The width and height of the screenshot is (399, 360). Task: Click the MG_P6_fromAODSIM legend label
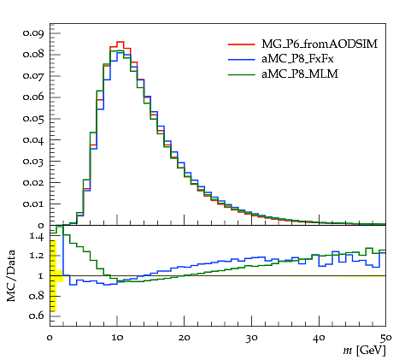point(320,44)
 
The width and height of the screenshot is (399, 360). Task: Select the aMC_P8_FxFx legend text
point(297,59)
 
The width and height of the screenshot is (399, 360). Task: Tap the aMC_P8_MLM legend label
point(300,74)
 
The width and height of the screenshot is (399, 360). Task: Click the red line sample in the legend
point(241,44)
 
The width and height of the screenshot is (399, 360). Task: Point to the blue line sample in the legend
point(241,59)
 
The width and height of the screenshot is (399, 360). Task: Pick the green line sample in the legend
point(241,74)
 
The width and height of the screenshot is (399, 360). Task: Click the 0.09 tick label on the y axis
point(33,33)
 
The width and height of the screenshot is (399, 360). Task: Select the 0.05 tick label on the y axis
point(33,119)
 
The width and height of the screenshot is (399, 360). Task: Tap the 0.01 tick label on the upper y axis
point(33,204)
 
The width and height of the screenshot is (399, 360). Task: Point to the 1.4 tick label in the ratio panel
point(37,237)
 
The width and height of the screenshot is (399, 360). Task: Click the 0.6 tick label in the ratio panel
point(36,316)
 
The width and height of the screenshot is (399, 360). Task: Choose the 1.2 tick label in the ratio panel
point(37,255)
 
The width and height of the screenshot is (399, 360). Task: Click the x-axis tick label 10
point(117,338)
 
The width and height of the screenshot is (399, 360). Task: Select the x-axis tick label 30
point(251,338)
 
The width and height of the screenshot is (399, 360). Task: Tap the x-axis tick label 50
point(386,338)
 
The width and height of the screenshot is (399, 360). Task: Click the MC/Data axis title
point(11,276)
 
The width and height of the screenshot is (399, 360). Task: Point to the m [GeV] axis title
point(364,351)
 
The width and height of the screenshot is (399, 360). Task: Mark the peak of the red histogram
point(120,42)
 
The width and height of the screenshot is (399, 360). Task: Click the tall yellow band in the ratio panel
point(53,276)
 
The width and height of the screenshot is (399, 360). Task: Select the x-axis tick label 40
point(319,338)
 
